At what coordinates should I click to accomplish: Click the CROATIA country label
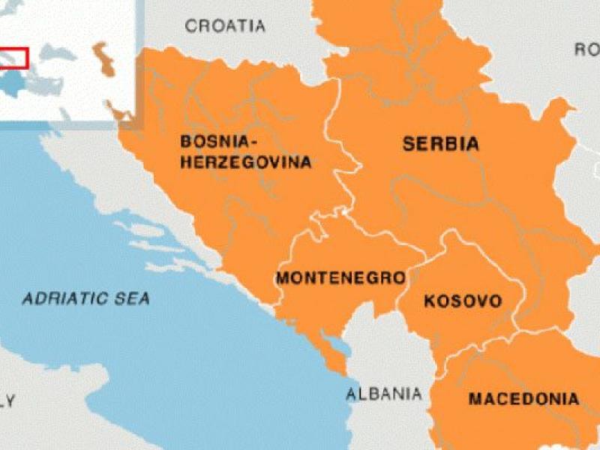(225, 26)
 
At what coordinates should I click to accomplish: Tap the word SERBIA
(440, 144)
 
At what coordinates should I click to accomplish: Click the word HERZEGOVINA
(245, 162)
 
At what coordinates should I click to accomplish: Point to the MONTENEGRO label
(340, 278)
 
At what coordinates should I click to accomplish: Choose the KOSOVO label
(463, 301)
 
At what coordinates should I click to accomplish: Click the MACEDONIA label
(523, 398)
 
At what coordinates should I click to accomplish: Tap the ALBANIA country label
(383, 394)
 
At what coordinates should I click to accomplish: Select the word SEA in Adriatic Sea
(132, 298)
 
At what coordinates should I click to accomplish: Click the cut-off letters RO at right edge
(586, 49)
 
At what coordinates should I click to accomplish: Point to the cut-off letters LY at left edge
(7, 400)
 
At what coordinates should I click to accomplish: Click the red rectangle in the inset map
(13, 57)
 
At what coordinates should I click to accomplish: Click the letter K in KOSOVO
(430, 301)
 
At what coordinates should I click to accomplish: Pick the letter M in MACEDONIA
(475, 398)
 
